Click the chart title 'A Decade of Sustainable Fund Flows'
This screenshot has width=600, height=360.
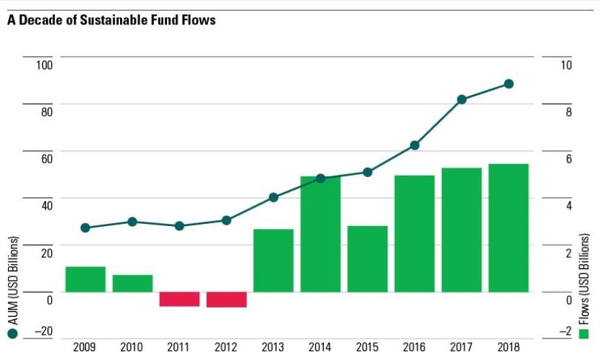click(112, 20)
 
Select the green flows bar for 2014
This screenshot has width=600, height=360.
click(320, 234)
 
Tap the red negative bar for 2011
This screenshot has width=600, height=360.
click(179, 299)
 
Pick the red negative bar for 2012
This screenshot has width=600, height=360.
click(227, 300)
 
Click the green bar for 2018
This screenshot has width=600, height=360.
click(509, 228)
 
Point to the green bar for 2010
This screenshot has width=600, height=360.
click(132, 283)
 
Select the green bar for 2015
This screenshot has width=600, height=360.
click(368, 258)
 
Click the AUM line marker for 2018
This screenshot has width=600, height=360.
click(509, 84)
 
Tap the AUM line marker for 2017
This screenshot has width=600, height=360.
click(462, 99)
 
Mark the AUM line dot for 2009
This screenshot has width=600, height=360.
click(86, 228)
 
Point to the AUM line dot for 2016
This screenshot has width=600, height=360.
click(414, 145)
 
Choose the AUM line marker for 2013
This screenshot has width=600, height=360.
click(273, 197)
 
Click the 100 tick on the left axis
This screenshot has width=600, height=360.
click(45, 65)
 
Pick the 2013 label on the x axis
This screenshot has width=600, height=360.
click(273, 348)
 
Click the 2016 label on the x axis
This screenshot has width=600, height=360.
click(414, 348)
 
